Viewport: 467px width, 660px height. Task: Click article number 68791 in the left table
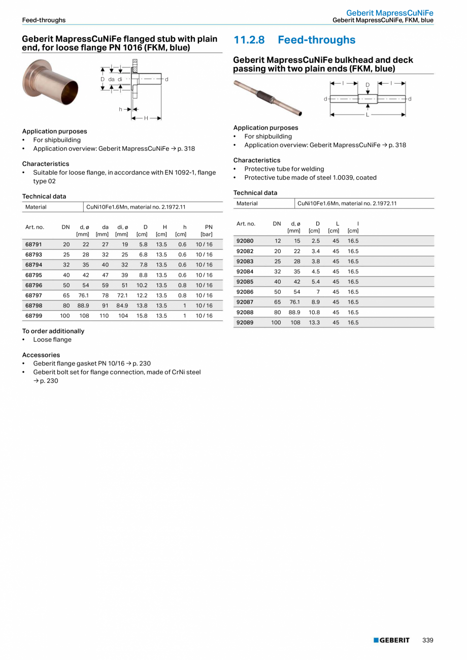(x=35, y=244)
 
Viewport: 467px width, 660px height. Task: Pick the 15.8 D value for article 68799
(x=142, y=315)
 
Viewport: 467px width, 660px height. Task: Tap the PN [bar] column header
(x=207, y=230)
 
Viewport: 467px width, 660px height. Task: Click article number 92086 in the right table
(x=245, y=291)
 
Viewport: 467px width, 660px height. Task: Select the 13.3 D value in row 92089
(x=314, y=322)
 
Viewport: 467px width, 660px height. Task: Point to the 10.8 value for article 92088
(x=314, y=312)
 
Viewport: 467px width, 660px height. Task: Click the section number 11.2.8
(x=249, y=40)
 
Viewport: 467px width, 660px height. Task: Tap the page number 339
(x=428, y=640)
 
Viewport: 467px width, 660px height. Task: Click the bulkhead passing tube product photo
(x=268, y=97)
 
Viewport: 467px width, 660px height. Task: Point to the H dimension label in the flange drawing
(x=146, y=118)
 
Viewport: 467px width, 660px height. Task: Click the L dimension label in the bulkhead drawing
(x=368, y=115)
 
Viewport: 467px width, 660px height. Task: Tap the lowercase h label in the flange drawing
(x=121, y=109)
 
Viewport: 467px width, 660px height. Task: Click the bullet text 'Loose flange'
(x=52, y=340)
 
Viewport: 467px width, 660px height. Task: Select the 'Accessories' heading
(x=41, y=355)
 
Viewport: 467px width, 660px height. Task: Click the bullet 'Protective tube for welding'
(x=284, y=169)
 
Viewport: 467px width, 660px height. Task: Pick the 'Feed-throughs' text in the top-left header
(x=44, y=20)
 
